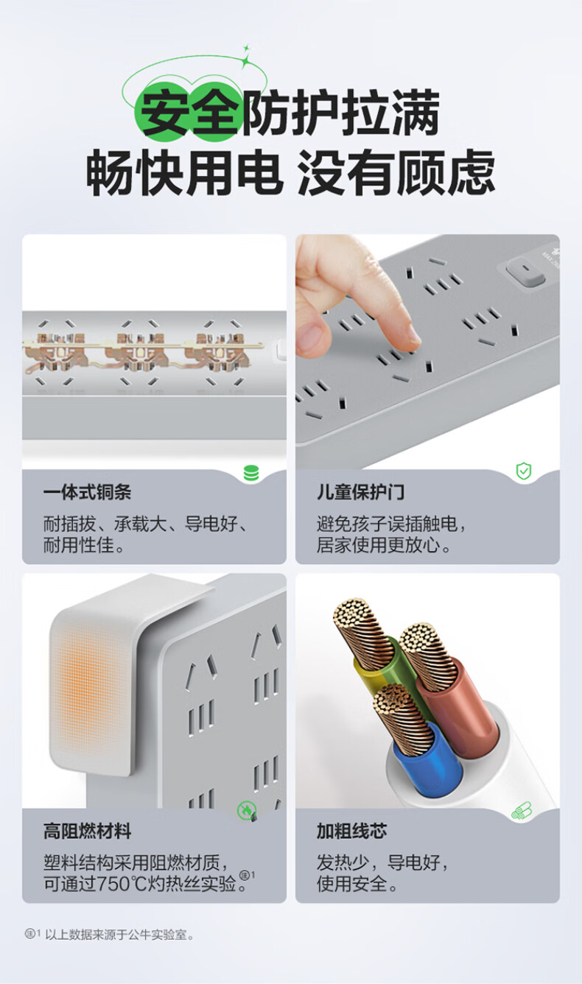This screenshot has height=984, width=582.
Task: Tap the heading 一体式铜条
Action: coord(87,493)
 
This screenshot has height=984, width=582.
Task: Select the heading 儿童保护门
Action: coord(361,493)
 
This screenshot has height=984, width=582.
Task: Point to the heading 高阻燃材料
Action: coord(87,832)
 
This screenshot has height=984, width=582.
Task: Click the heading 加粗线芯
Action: coord(352,832)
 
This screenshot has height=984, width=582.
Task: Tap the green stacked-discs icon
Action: coord(251,473)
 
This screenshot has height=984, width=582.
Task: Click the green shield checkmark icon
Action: coord(524,471)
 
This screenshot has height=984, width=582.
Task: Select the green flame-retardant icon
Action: coord(246,810)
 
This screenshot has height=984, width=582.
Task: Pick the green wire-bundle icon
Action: coord(522,810)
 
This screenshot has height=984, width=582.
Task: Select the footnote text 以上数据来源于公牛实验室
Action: coord(119,935)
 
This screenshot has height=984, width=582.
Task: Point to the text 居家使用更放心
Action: coord(378,545)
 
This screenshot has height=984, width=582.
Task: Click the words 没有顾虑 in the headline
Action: coord(396,172)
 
